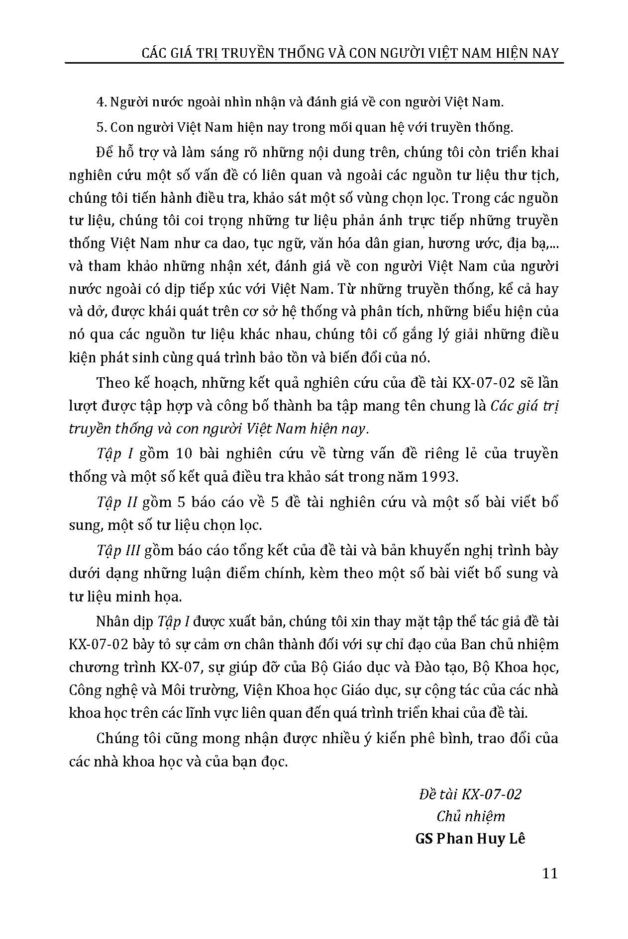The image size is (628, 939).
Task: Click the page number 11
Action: pos(550,873)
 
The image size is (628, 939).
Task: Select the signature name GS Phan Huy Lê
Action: pos(470,839)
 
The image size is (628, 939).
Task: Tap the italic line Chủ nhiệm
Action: pos(470,816)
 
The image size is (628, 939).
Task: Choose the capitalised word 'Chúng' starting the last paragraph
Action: pos(118,738)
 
